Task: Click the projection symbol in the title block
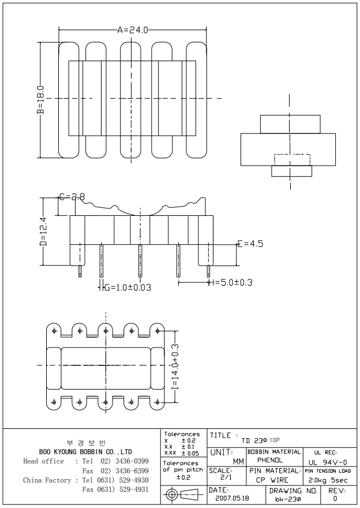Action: pyautogui.click(x=181, y=494)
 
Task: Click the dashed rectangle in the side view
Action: pyautogui.click(x=291, y=160)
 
